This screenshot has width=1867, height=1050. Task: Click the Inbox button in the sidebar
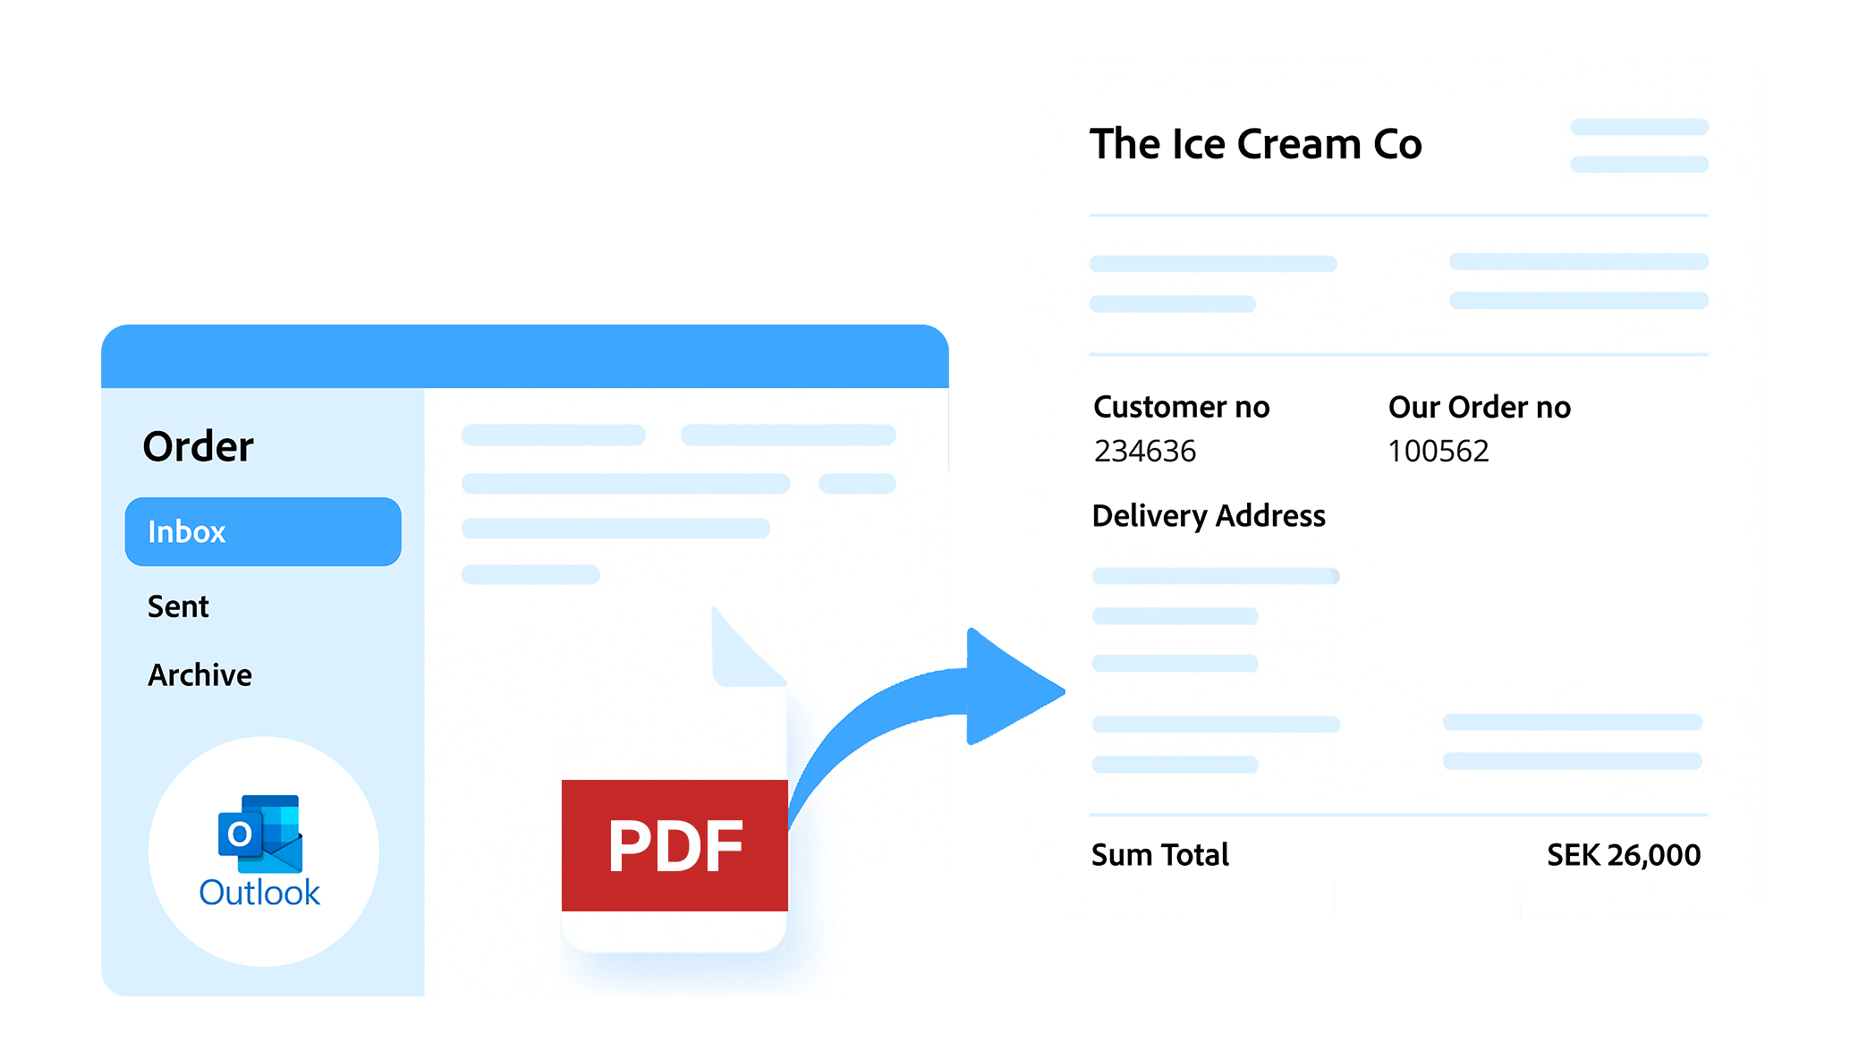click(x=262, y=531)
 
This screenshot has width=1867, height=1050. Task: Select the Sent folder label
click(x=178, y=607)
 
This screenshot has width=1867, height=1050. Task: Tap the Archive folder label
click(x=199, y=675)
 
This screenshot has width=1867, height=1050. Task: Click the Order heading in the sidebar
click(x=198, y=446)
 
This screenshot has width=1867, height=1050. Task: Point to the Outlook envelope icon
click(x=261, y=834)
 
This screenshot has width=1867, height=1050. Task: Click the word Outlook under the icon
click(x=259, y=893)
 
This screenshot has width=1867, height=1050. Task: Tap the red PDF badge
click(x=675, y=845)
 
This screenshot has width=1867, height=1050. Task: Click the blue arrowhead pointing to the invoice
click(x=1006, y=689)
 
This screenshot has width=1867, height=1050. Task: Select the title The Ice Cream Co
click(x=1255, y=145)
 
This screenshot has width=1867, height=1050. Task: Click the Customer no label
click(x=1181, y=408)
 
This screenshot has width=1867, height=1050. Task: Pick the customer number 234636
click(x=1144, y=452)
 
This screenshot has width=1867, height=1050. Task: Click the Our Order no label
click(x=1479, y=408)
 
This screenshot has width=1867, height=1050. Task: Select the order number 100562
click(x=1438, y=452)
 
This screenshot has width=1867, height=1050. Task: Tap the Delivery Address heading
click(x=1209, y=516)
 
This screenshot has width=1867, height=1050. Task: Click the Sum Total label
click(x=1159, y=855)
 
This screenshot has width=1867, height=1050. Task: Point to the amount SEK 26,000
click(x=1623, y=855)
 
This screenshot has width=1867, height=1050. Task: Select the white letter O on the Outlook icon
click(x=239, y=834)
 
